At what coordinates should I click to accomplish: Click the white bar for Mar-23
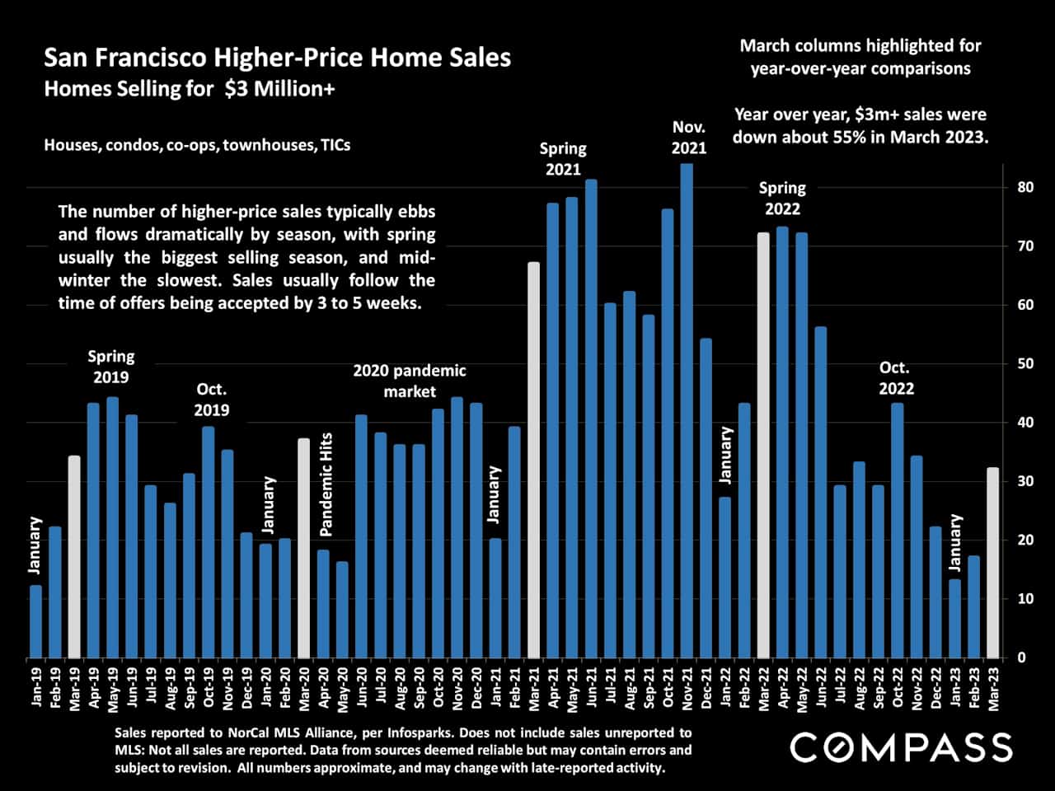coord(993,563)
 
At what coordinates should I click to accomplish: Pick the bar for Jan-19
coord(35,621)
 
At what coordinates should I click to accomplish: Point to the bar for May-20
coord(342,610)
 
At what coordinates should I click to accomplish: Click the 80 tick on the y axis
coord(1025,188)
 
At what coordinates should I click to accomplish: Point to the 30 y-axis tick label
coord(1025,481)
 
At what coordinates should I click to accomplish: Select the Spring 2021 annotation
coord(563,159)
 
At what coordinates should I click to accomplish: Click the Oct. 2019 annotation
coord(212,400)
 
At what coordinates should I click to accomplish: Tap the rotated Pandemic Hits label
coord(326,484)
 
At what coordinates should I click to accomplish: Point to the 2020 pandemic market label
coord(410,381)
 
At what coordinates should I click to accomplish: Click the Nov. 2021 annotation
coord(689,138)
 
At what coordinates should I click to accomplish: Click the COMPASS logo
coord(901,747)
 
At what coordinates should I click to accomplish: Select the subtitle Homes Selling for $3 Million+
coord(190,88)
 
